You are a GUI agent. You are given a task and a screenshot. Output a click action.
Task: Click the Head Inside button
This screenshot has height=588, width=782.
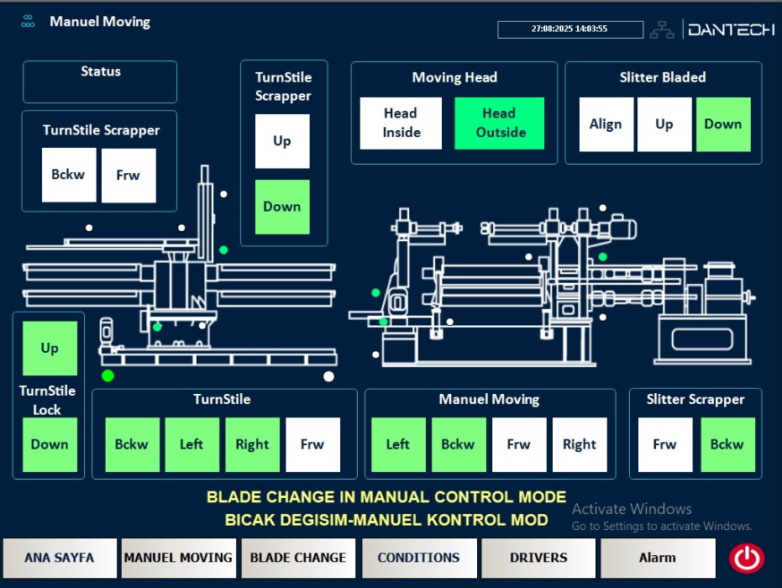tap(401, 123)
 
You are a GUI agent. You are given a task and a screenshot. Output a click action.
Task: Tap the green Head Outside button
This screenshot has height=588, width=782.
tap(500, 123)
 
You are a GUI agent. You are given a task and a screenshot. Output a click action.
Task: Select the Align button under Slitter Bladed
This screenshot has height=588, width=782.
tap(606, 124)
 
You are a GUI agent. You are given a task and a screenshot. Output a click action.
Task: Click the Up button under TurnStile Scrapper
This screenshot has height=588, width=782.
tap(282, 141)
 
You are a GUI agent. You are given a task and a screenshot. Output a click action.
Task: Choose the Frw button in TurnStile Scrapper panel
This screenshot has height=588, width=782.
tap(129, 176)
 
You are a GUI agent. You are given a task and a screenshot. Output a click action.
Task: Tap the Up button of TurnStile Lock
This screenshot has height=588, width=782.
tap(50, 348)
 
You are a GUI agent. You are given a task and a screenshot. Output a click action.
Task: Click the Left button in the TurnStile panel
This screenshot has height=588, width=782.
tap(192, 444)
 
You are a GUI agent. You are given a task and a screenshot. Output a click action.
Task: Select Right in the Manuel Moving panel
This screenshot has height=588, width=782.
tap(580, 444)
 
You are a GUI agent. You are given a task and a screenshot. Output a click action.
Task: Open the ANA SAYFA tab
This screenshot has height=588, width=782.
tap(59, 558)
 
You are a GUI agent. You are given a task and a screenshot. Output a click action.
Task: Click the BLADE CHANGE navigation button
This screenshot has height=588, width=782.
tap(298, 558)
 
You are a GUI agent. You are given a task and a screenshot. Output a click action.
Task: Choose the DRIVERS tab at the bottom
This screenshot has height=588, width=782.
tap(538, 558)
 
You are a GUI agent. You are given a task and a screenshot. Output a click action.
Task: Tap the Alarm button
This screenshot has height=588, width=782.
tap(658, 558)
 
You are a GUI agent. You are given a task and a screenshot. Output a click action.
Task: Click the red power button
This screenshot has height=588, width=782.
tap(746, 558)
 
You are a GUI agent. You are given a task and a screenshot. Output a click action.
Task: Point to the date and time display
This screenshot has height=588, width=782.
tap(569, 29)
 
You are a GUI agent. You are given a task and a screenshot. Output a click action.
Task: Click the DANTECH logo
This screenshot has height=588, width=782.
tap(731, 29)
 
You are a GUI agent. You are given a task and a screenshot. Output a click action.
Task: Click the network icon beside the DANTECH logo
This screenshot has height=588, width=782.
tap(662, 29)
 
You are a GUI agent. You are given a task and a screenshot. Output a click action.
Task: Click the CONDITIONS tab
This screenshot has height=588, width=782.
tap(418, 558)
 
